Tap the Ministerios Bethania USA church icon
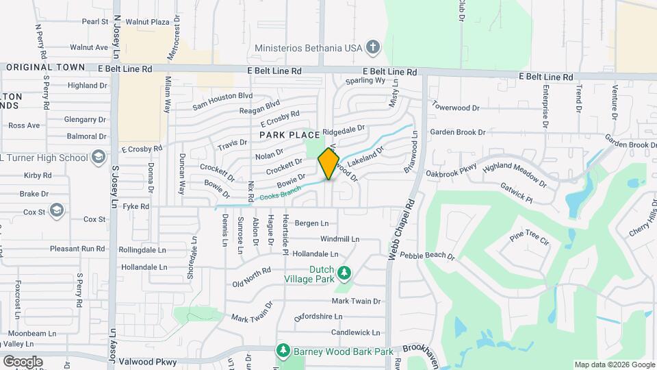[372, 47]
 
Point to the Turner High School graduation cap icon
[99, 158]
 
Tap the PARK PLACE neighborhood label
[289, 135]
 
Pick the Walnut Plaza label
[147, 22]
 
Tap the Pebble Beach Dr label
[428, 256]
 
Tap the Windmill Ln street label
[339, 239]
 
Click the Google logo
[23, 361]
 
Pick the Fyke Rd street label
[135, 206]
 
